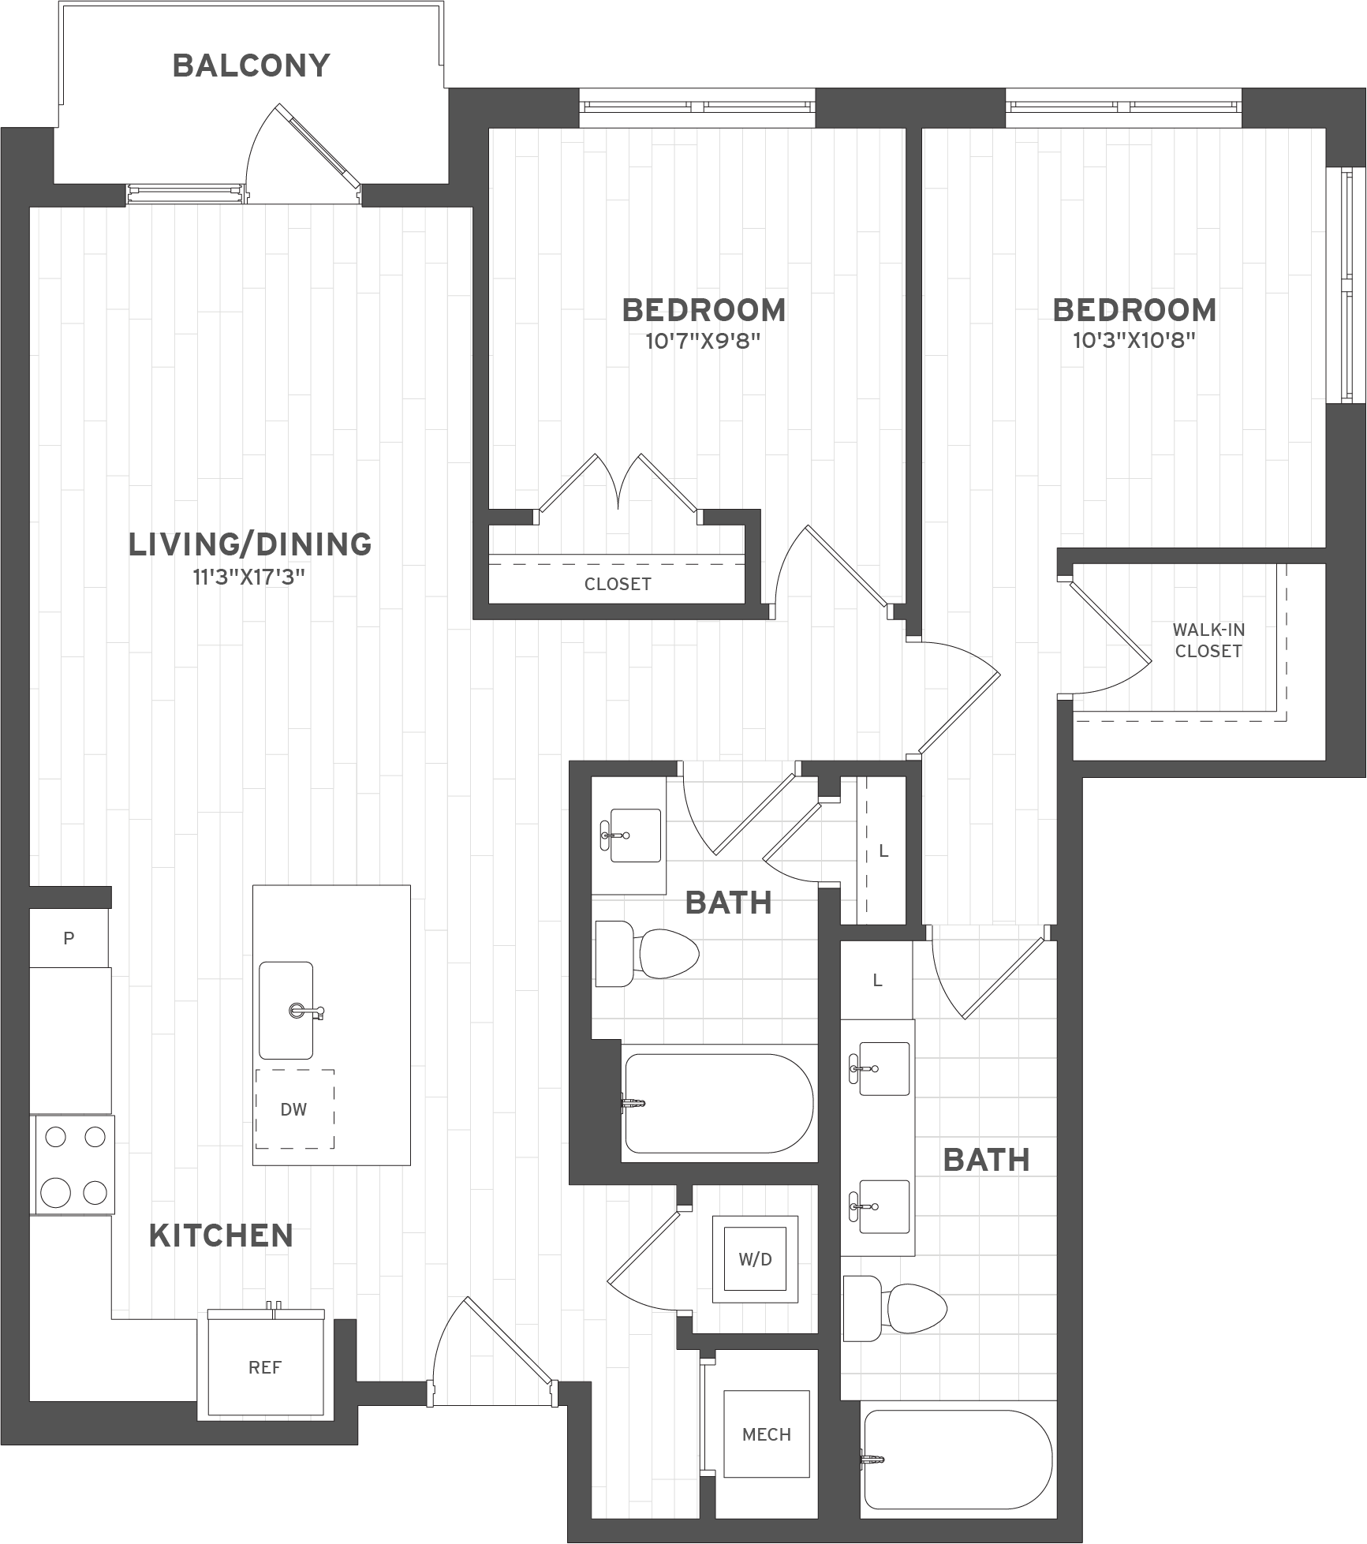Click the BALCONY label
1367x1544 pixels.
[x=251, y=65]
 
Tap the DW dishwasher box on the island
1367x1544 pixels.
[x=293, y=1109]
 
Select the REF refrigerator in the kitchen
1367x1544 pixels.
[x=265, y=1367]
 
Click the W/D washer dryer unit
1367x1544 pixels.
[x=755, y=1259]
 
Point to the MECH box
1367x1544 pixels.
[x=766, y=1434]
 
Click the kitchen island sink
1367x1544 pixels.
[x=286, y=1010]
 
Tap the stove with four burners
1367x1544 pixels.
[x=73, y=1164]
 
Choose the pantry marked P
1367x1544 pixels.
[x=69, y=938]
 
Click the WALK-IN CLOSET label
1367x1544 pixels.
[x=1208, y=640]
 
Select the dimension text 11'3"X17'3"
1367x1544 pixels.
[x=249, y=578]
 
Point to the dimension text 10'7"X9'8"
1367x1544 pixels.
[x=704, y=342]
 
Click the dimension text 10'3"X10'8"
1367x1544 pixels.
[x=1134, y=342]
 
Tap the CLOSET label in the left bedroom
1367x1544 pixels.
[x=618, y=584]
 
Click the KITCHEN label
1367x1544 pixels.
[x=221, y=1236]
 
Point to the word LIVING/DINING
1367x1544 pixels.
[x=250, y=544]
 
